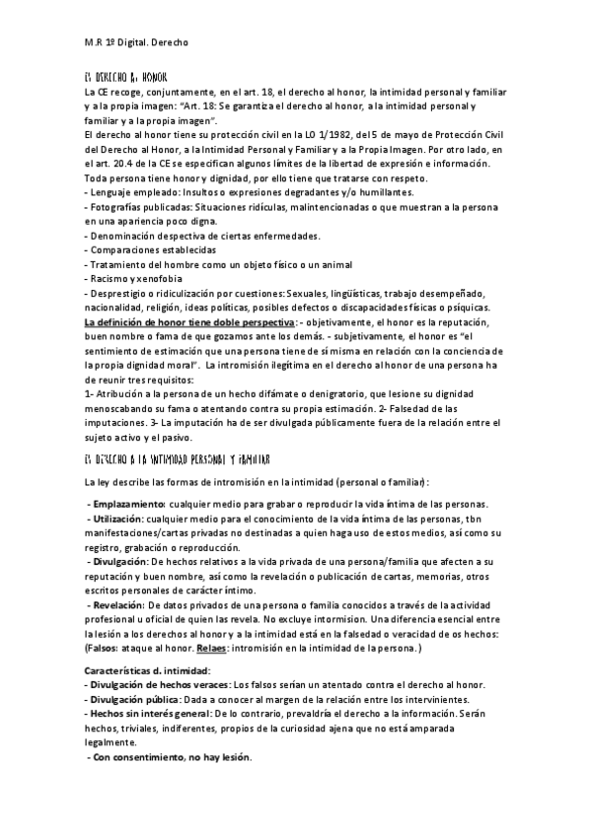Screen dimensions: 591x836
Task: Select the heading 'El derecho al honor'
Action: [x=125, y=76]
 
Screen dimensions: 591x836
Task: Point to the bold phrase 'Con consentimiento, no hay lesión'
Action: [x=171, y=757]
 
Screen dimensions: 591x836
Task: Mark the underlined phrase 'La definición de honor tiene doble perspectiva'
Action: [x=189, y=322]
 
